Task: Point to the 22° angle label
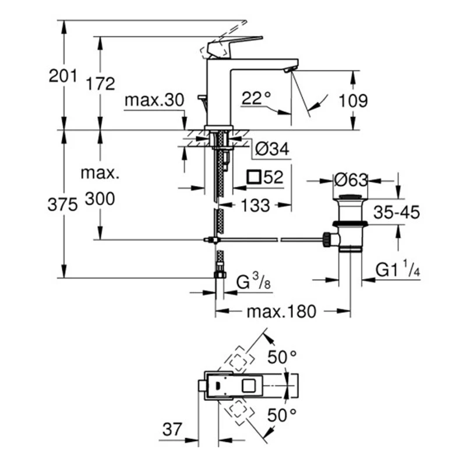(x=257, y=99)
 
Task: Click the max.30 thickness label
(x=154, y=100)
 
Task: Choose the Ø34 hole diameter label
(x=271, y=149)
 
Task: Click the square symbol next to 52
(x=253, y=176)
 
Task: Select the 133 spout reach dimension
(x=255, y=205)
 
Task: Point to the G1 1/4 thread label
(x=398, y=270)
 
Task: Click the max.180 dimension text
(x=281, y=312)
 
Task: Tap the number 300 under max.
(x=100, y=200)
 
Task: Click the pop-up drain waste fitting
(x=349, y=224)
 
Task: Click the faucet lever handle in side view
(x=230, y=45)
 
